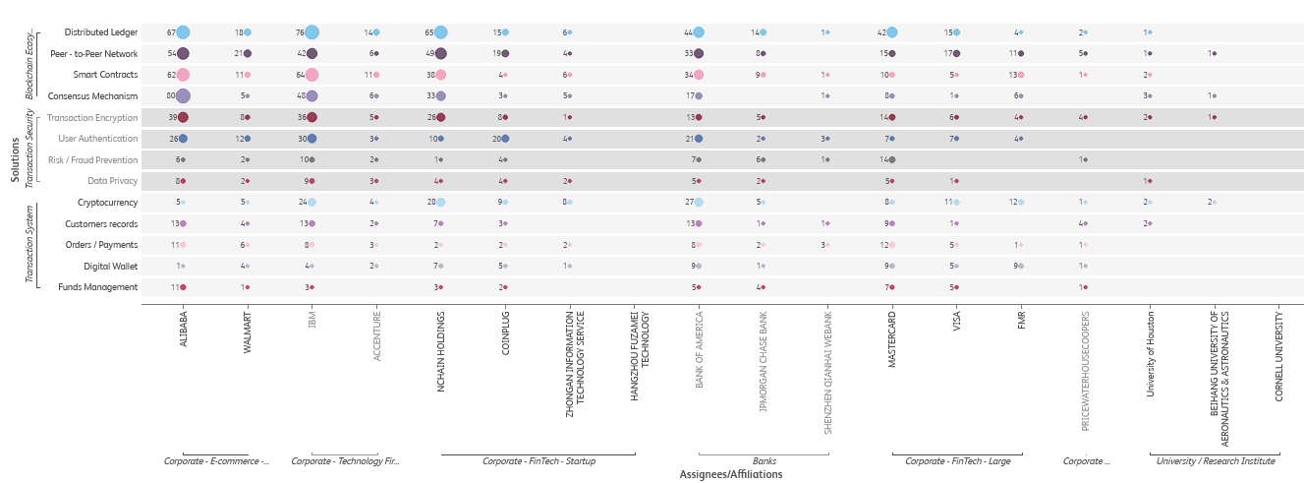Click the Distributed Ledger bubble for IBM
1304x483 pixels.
coord(312,32)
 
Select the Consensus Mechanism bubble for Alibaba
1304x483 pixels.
coord(183,96)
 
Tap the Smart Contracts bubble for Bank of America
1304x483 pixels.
coord(699,75)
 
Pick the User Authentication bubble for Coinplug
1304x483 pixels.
coord(505,139)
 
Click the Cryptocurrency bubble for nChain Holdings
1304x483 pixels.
coord(441,203)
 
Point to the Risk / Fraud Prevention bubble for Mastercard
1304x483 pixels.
coord(892,159)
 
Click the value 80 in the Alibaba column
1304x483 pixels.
coord(171,96)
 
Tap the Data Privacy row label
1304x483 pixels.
coord(112,181)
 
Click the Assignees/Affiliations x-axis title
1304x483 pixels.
coord(731,474)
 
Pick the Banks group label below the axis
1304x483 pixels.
coord(764,460)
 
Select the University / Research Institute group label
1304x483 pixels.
coord(1216,460)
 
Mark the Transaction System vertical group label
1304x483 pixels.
coord(29,245)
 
